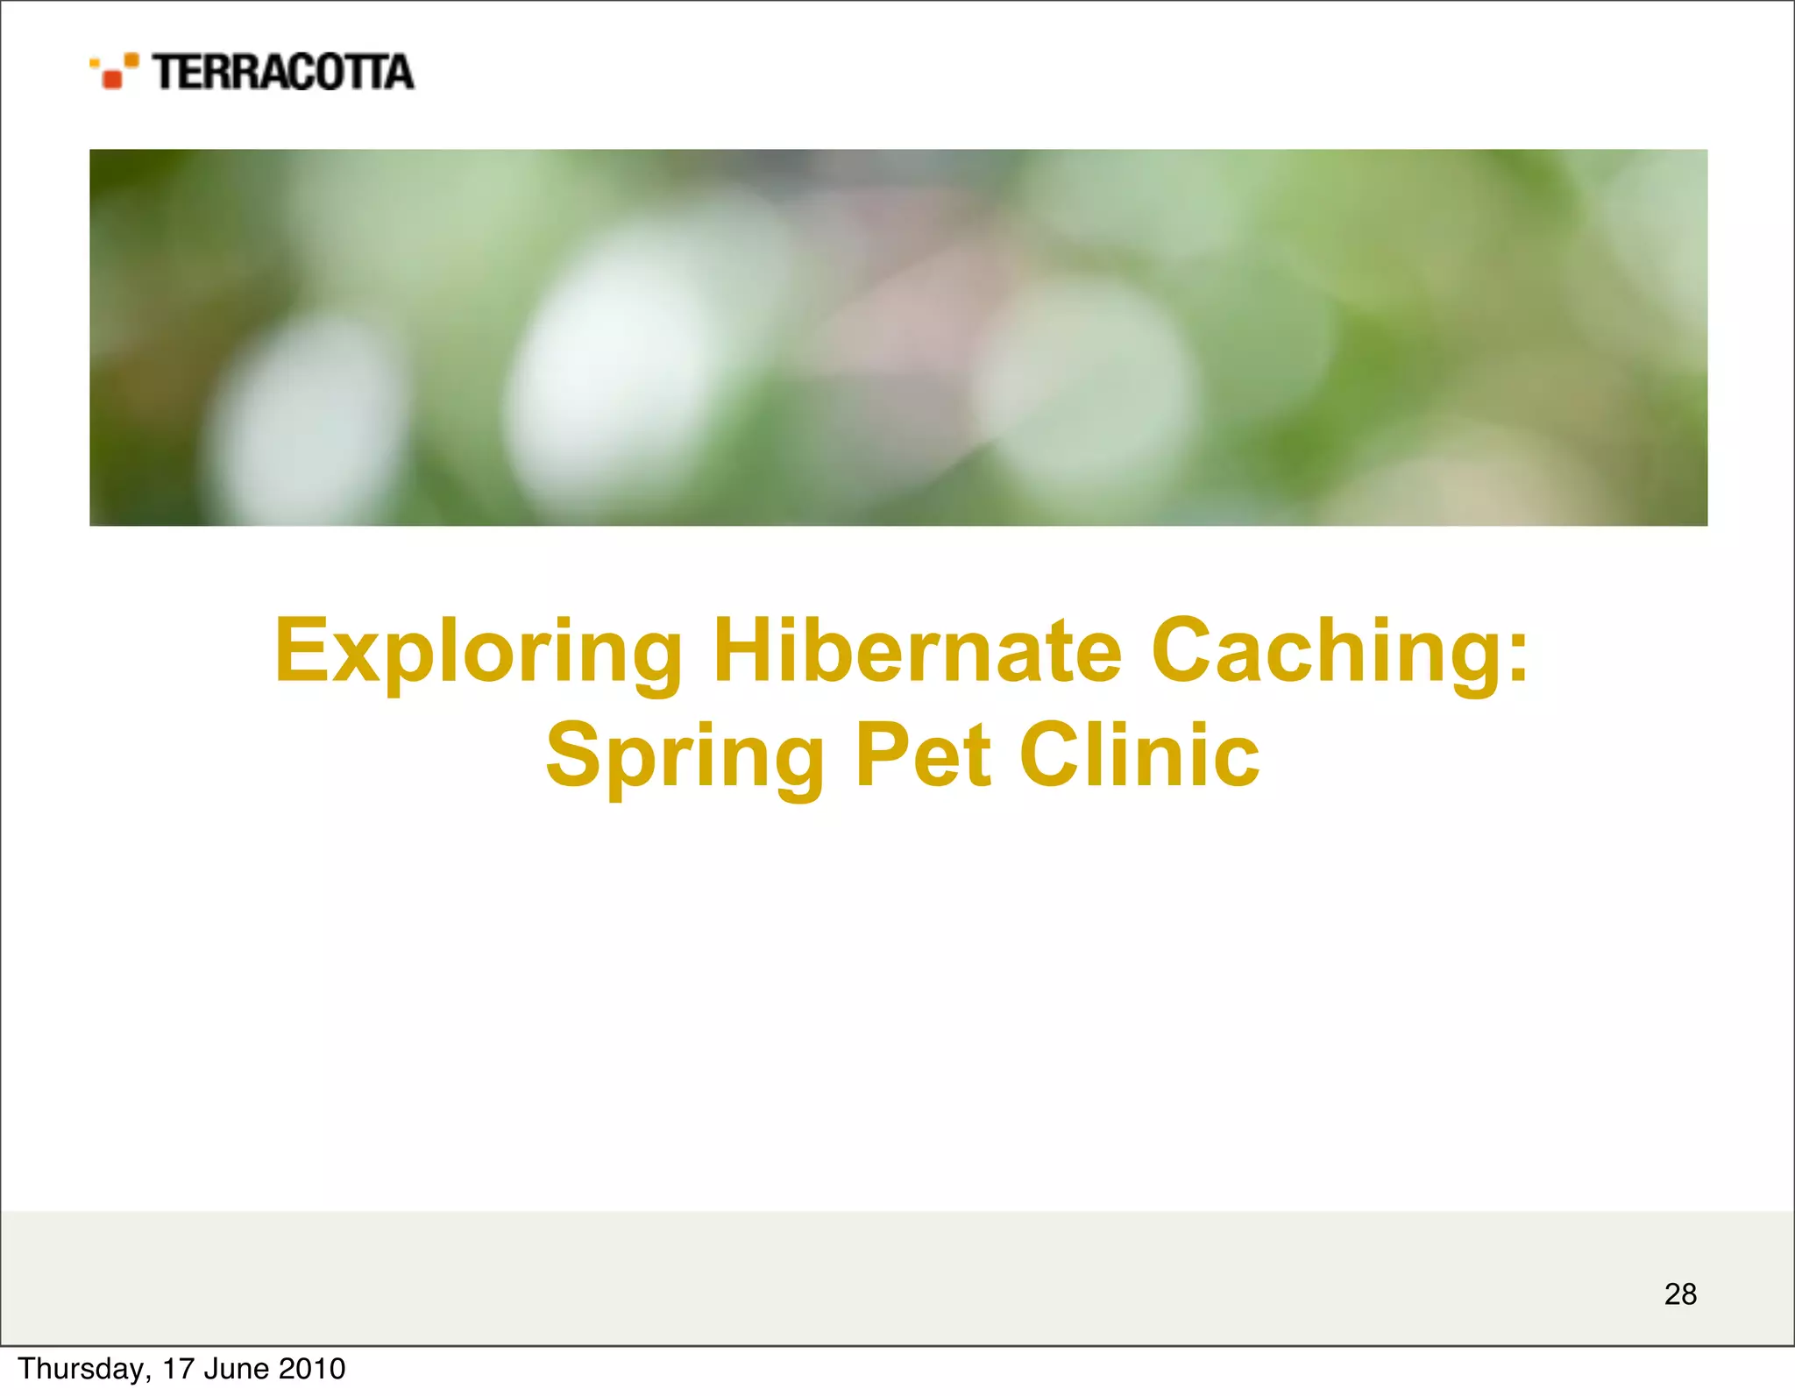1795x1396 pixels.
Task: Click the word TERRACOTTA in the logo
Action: pos(283,72)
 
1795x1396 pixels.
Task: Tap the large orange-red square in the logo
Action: pos(112,80)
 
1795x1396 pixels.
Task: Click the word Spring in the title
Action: pos(685,755)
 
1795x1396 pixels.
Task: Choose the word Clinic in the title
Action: pos(1139,755)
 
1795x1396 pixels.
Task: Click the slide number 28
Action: pos(1680,1293)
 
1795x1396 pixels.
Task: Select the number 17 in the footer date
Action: pos(178,1369)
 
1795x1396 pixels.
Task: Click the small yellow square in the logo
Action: pos(94,62)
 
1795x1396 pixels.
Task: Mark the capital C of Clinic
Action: pos(1050,755)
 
